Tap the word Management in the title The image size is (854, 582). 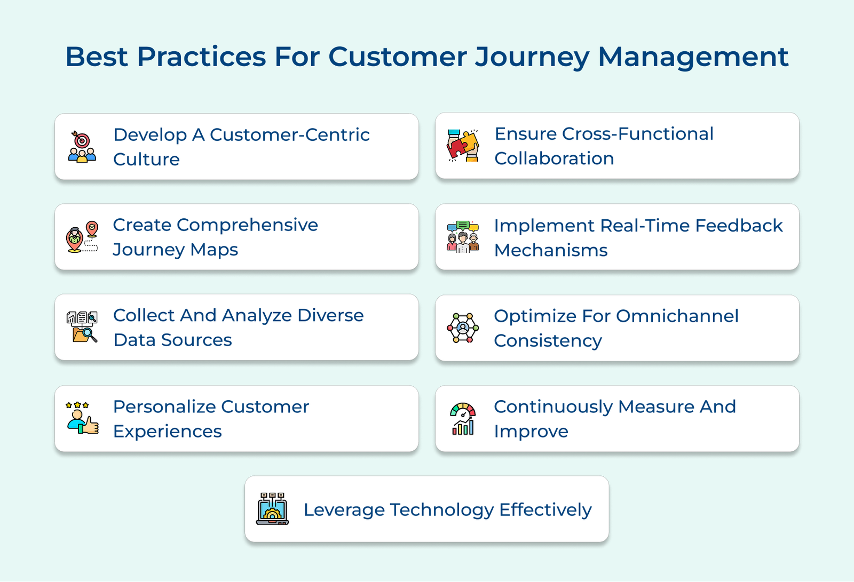(693, 57)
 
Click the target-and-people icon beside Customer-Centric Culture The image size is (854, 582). (82, 147)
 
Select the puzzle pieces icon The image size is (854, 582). (463, 146)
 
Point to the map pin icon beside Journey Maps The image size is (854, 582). (82, 237)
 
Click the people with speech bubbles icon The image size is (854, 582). (463, 237)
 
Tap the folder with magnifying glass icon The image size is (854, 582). (82, 327)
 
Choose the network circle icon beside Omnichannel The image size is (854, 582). (463, 328)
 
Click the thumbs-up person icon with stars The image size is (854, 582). (82, 418)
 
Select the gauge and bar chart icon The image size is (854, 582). (463, 419)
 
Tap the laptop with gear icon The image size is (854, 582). (272, 509)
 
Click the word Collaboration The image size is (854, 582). (554, 158)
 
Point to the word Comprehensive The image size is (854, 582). (247, 225)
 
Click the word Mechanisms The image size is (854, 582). (551, 250)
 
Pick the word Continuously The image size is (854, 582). (553, 407)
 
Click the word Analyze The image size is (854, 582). (257, 316)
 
